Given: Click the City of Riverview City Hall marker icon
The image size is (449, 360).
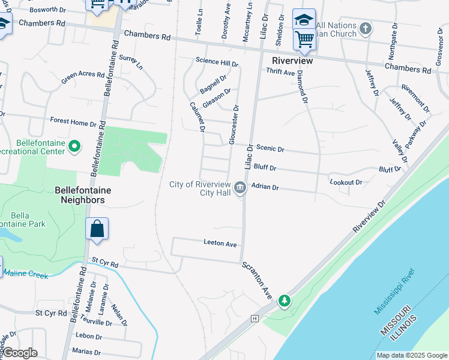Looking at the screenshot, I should (x=240, y=188).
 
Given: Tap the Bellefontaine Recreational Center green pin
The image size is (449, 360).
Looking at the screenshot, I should (x=74, y=146).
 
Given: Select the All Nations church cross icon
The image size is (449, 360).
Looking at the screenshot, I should (x=365, y=28).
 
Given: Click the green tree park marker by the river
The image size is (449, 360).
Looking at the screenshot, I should (x=285, y=300).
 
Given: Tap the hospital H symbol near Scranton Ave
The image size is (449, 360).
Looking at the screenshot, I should (x=255, y=318).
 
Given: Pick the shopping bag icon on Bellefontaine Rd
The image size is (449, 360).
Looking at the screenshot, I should (x=97, y=229).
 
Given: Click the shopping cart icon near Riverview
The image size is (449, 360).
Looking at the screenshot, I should (x=304, y=39).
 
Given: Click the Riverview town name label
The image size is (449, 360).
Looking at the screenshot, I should (x=292, y=61).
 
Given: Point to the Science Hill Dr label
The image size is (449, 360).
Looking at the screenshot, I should (x=217, y=61).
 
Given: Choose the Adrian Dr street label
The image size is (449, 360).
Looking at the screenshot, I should (x=265, y=187).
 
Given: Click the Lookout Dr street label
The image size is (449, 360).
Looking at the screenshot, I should (x=346, y=182).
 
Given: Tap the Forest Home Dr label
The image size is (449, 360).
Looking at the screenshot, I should (x=73, y=121).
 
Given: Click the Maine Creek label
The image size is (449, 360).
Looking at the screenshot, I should (x=25, y=274).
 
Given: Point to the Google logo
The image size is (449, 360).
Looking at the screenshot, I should (x=19, y=353).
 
